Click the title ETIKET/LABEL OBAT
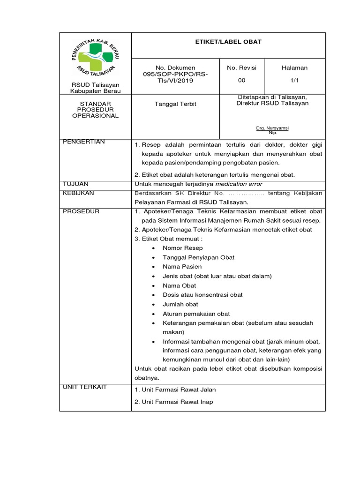(x=229, y=42)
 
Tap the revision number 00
(x=241, y=80)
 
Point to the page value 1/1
(x=294, y=80)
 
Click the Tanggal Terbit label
(x=175, y=104)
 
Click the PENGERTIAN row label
(x=84, y=142)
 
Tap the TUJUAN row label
(x=75, y=184)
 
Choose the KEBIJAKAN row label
(x=78, y=193)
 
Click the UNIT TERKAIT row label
(x=85, y=387)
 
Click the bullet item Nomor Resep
(x=183, y=248)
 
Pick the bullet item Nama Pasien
(x=182, y=267)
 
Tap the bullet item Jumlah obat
(x=180, y=304)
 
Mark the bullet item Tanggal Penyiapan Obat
(x=198, y=257)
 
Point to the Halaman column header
(x=294, y=68)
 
